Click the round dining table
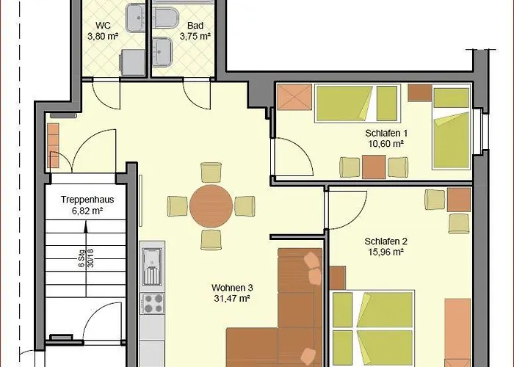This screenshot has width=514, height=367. click(211, 205)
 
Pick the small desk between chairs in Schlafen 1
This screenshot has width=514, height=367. click(373, 167)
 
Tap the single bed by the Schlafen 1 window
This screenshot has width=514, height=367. click(450, 128)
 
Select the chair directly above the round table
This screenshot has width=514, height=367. click(211, 171)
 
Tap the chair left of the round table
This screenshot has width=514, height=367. click(178, 205)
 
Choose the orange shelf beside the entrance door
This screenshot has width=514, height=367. click(53, 145)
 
